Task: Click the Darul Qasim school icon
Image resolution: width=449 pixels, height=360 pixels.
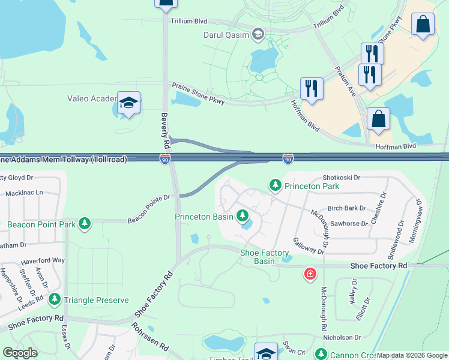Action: [x=258, y=33]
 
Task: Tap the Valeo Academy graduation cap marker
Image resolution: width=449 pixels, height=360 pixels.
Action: [x=128, y=103]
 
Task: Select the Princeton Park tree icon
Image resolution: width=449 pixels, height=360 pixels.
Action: [x=276, y=185]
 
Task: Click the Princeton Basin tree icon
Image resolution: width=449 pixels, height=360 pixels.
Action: [x=243, y=215]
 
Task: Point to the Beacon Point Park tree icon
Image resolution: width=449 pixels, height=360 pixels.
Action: [x=85, y=224]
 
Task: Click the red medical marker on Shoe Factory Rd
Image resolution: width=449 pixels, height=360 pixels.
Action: [x=310, y=275]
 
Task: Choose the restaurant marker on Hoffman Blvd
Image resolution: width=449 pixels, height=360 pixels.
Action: [x=312, y=88]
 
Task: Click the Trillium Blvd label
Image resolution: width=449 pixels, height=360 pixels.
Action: [x=189, y=21]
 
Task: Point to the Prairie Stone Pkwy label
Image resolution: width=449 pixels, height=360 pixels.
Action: [x=199, y=94]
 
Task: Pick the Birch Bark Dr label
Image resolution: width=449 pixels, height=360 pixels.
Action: [x=346, y=208]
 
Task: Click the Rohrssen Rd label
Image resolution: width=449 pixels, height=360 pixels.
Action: [x=149, y=342]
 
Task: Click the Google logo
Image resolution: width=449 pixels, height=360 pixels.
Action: [x=20, y=353]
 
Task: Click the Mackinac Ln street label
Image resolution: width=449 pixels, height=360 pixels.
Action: [x=24, y=193]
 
